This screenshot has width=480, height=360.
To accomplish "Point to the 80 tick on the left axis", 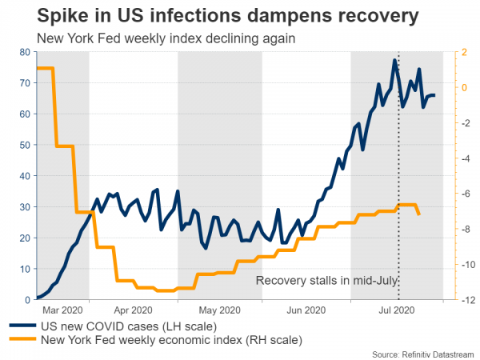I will [x=25, y=53].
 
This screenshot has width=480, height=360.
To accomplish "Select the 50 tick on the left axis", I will [x=25, y=146].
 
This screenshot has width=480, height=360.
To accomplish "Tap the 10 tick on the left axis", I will [x=25, y=269].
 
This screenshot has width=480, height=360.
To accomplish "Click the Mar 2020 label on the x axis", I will [x=62, y=309].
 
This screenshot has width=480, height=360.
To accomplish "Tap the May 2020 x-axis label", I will [x=219, y=309].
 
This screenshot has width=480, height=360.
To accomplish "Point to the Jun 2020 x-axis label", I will [x=306, y=309].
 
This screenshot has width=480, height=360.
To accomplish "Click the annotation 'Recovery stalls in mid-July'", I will [x=326, y=281].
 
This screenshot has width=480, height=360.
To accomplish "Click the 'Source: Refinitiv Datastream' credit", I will [x=423, y=353].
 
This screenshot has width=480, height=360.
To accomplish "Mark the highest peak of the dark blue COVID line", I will [x=394, y=61].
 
